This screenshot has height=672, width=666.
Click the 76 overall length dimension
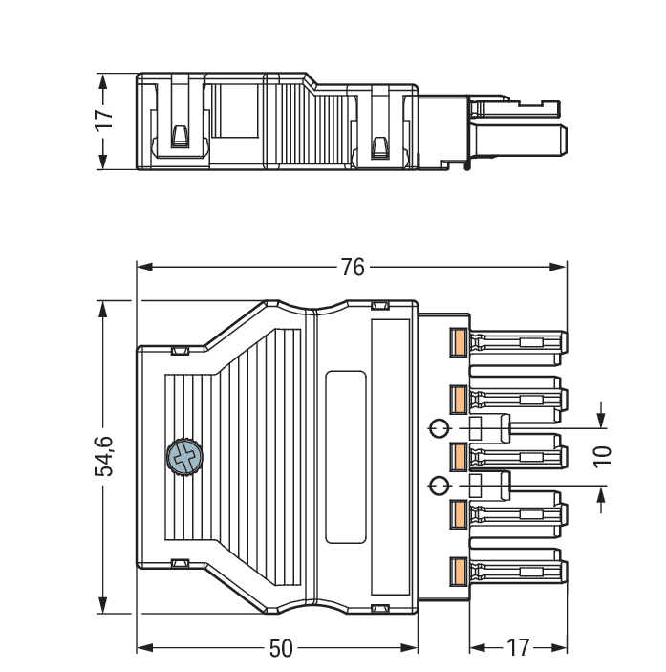click(353, 268)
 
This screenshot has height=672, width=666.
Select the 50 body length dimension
click(280, 648)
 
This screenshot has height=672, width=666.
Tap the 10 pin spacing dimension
click(601, 455)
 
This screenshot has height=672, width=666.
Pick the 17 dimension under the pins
click(517, 648)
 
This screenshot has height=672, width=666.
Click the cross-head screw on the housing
click(183, 457)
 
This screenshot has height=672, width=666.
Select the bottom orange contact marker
click(458, 574)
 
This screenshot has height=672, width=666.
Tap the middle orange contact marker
click(458, 457)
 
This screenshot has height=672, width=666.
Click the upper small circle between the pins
click(439, 426)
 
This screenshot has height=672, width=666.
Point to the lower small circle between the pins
click(439, 485)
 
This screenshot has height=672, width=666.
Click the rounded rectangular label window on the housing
click(345, 457)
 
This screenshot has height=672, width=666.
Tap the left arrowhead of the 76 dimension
click(143, 268)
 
